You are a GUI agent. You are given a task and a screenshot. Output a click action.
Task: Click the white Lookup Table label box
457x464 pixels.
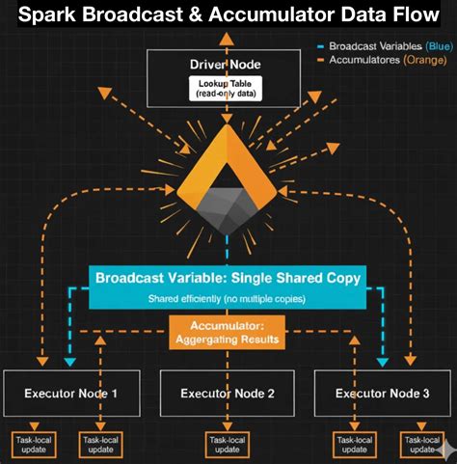(228, 89)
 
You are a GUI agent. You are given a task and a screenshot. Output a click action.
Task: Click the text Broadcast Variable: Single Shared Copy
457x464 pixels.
(228, 278)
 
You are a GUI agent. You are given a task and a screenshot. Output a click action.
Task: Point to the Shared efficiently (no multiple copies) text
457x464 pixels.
(228, 298)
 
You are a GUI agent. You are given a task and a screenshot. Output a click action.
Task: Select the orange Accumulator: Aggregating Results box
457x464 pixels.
(228, 333)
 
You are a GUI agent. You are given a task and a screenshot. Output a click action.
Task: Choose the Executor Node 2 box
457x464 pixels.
(228, 393)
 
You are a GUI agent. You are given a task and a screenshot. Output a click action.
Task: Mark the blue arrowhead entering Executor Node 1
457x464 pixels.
(69, 363)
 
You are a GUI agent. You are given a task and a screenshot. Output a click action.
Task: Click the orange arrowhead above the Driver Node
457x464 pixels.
(228, 37)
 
